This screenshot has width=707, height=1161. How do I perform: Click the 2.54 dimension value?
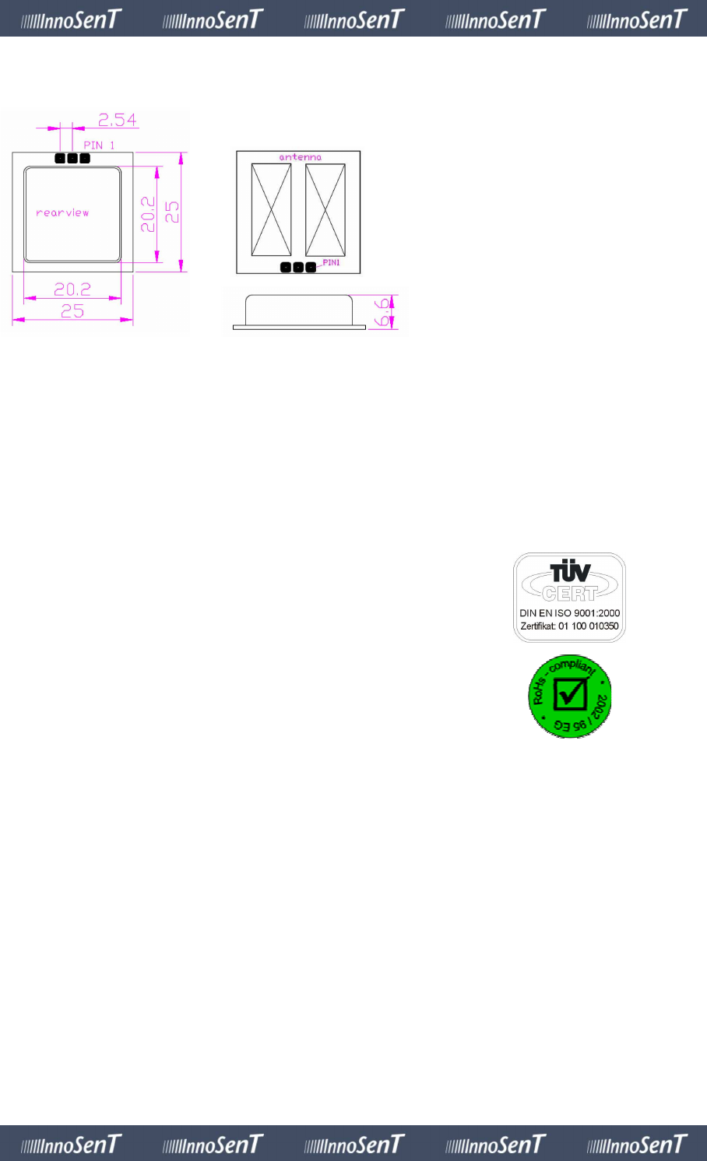click(x=117, y=120)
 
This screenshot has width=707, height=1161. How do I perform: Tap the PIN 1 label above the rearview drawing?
click(x=99, y=146)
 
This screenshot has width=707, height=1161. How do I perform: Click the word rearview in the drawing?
click(x=62, y=212)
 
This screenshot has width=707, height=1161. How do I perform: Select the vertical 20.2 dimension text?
click(x=148, y=214)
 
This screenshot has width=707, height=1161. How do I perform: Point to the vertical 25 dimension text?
click(x=172, y=212)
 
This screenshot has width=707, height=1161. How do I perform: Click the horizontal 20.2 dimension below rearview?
click(x=72, y=289)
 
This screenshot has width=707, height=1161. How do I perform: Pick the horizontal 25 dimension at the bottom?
click(x=72, y=311)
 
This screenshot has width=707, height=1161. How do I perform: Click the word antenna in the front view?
click(x=300, y=157)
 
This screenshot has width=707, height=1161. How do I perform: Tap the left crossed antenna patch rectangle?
click(x=271, y=209)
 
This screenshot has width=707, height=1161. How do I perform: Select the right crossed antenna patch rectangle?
click(x=325, y=209)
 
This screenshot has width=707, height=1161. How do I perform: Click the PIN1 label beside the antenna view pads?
click(x=331, y=263)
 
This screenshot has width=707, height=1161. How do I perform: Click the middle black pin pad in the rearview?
click(x=72, y=158)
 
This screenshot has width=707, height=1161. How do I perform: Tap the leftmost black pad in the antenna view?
click(x=286, y=267)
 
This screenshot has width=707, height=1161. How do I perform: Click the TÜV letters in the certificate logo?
click(x=570, y=572)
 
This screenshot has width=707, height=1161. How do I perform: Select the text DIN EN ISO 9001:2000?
click(x=570, y=613)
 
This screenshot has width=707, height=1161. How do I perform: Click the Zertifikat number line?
click(x=570, y=626)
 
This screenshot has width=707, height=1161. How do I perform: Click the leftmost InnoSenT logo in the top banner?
click(x=71, y=19)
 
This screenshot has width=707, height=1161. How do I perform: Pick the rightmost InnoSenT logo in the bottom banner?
click(x=637, y=1144)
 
